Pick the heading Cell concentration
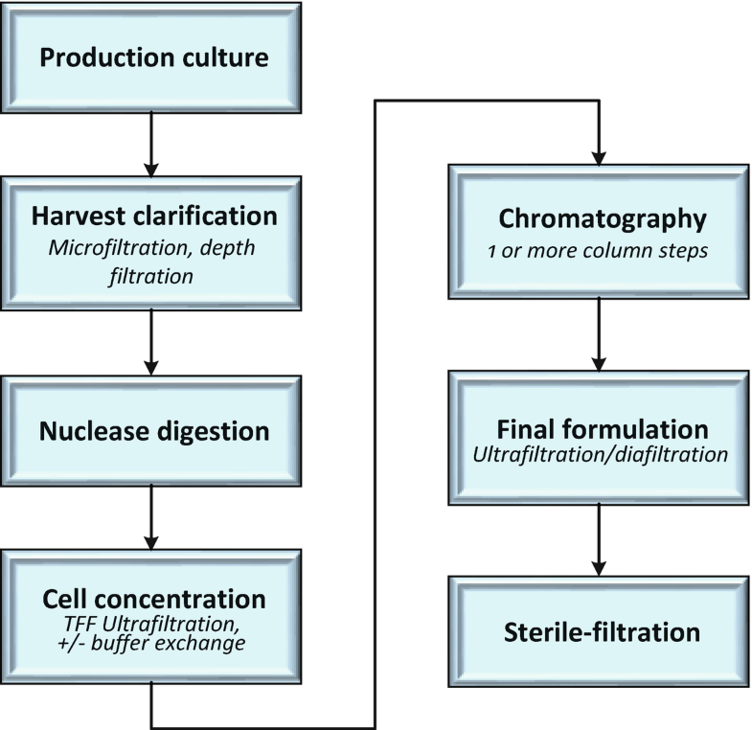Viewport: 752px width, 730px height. [x=153, y=599]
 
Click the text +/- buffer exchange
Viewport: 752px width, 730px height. [x=153, y=646]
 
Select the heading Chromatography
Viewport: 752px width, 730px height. [x=602, y=219]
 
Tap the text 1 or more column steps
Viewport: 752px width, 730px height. [x=602, y=247]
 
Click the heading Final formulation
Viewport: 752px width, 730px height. [x=602, y=427]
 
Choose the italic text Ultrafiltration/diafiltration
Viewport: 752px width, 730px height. [x=602, y=453]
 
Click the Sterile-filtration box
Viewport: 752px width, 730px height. [x=602, y=632]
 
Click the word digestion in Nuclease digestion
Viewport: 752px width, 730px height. [x=216, y=431]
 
